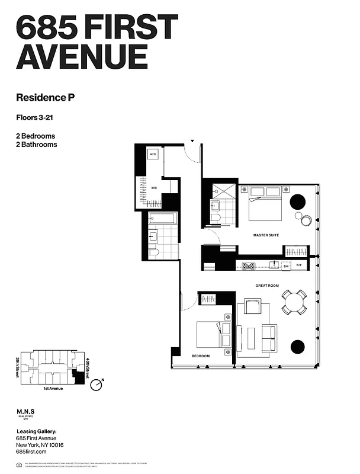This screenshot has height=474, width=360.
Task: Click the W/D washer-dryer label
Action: click(153, 155)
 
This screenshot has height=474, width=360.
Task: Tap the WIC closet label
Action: click(153, 188)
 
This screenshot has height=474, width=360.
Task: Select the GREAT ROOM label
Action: click(266, 286)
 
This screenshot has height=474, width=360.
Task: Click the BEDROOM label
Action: click(200, 356)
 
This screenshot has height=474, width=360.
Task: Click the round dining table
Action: click(294, 302)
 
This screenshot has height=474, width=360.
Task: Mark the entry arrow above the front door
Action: click(192, 141)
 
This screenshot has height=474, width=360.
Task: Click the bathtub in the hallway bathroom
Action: click(162, 218)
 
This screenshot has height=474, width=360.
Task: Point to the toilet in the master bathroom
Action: click(216, 219)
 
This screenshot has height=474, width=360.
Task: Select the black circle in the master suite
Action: click(297, 201)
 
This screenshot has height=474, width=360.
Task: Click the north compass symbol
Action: click(97, 386)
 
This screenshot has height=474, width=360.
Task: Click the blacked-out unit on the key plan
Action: click(77, 372)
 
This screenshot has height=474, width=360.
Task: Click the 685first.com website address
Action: click(31, 452)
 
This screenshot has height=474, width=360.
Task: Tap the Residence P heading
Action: click(45, 97)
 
